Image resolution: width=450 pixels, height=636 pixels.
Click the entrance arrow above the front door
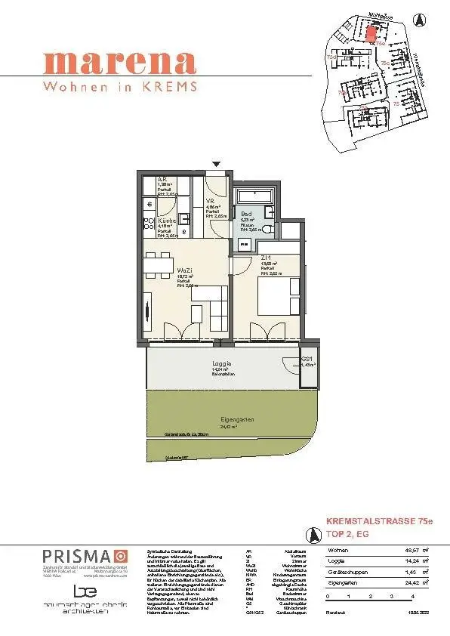click(217, 163)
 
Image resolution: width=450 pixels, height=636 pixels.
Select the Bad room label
click(245, 214)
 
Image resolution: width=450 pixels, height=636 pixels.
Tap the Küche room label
click(167, 221)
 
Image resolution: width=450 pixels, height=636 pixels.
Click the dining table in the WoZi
click(157, 265)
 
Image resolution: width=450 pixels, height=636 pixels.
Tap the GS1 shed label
click(307, 359)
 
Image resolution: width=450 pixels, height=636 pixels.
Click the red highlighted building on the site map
click(370, 31)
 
